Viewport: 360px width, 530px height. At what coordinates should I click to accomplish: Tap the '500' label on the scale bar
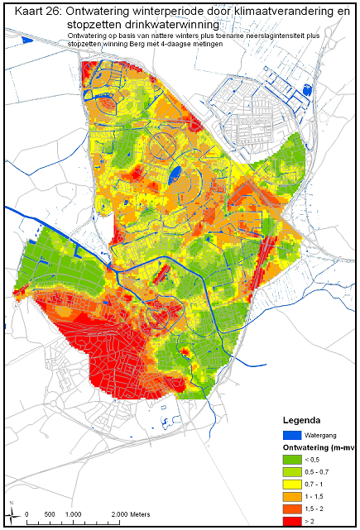50,514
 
